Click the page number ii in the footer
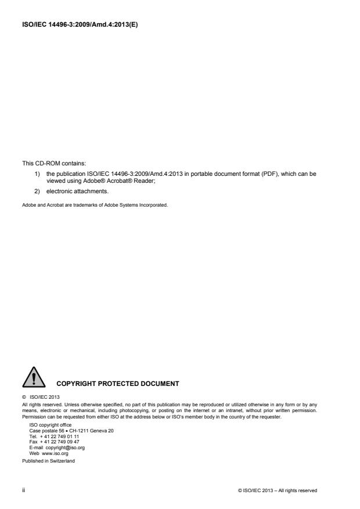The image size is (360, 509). (x=24, y=490)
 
